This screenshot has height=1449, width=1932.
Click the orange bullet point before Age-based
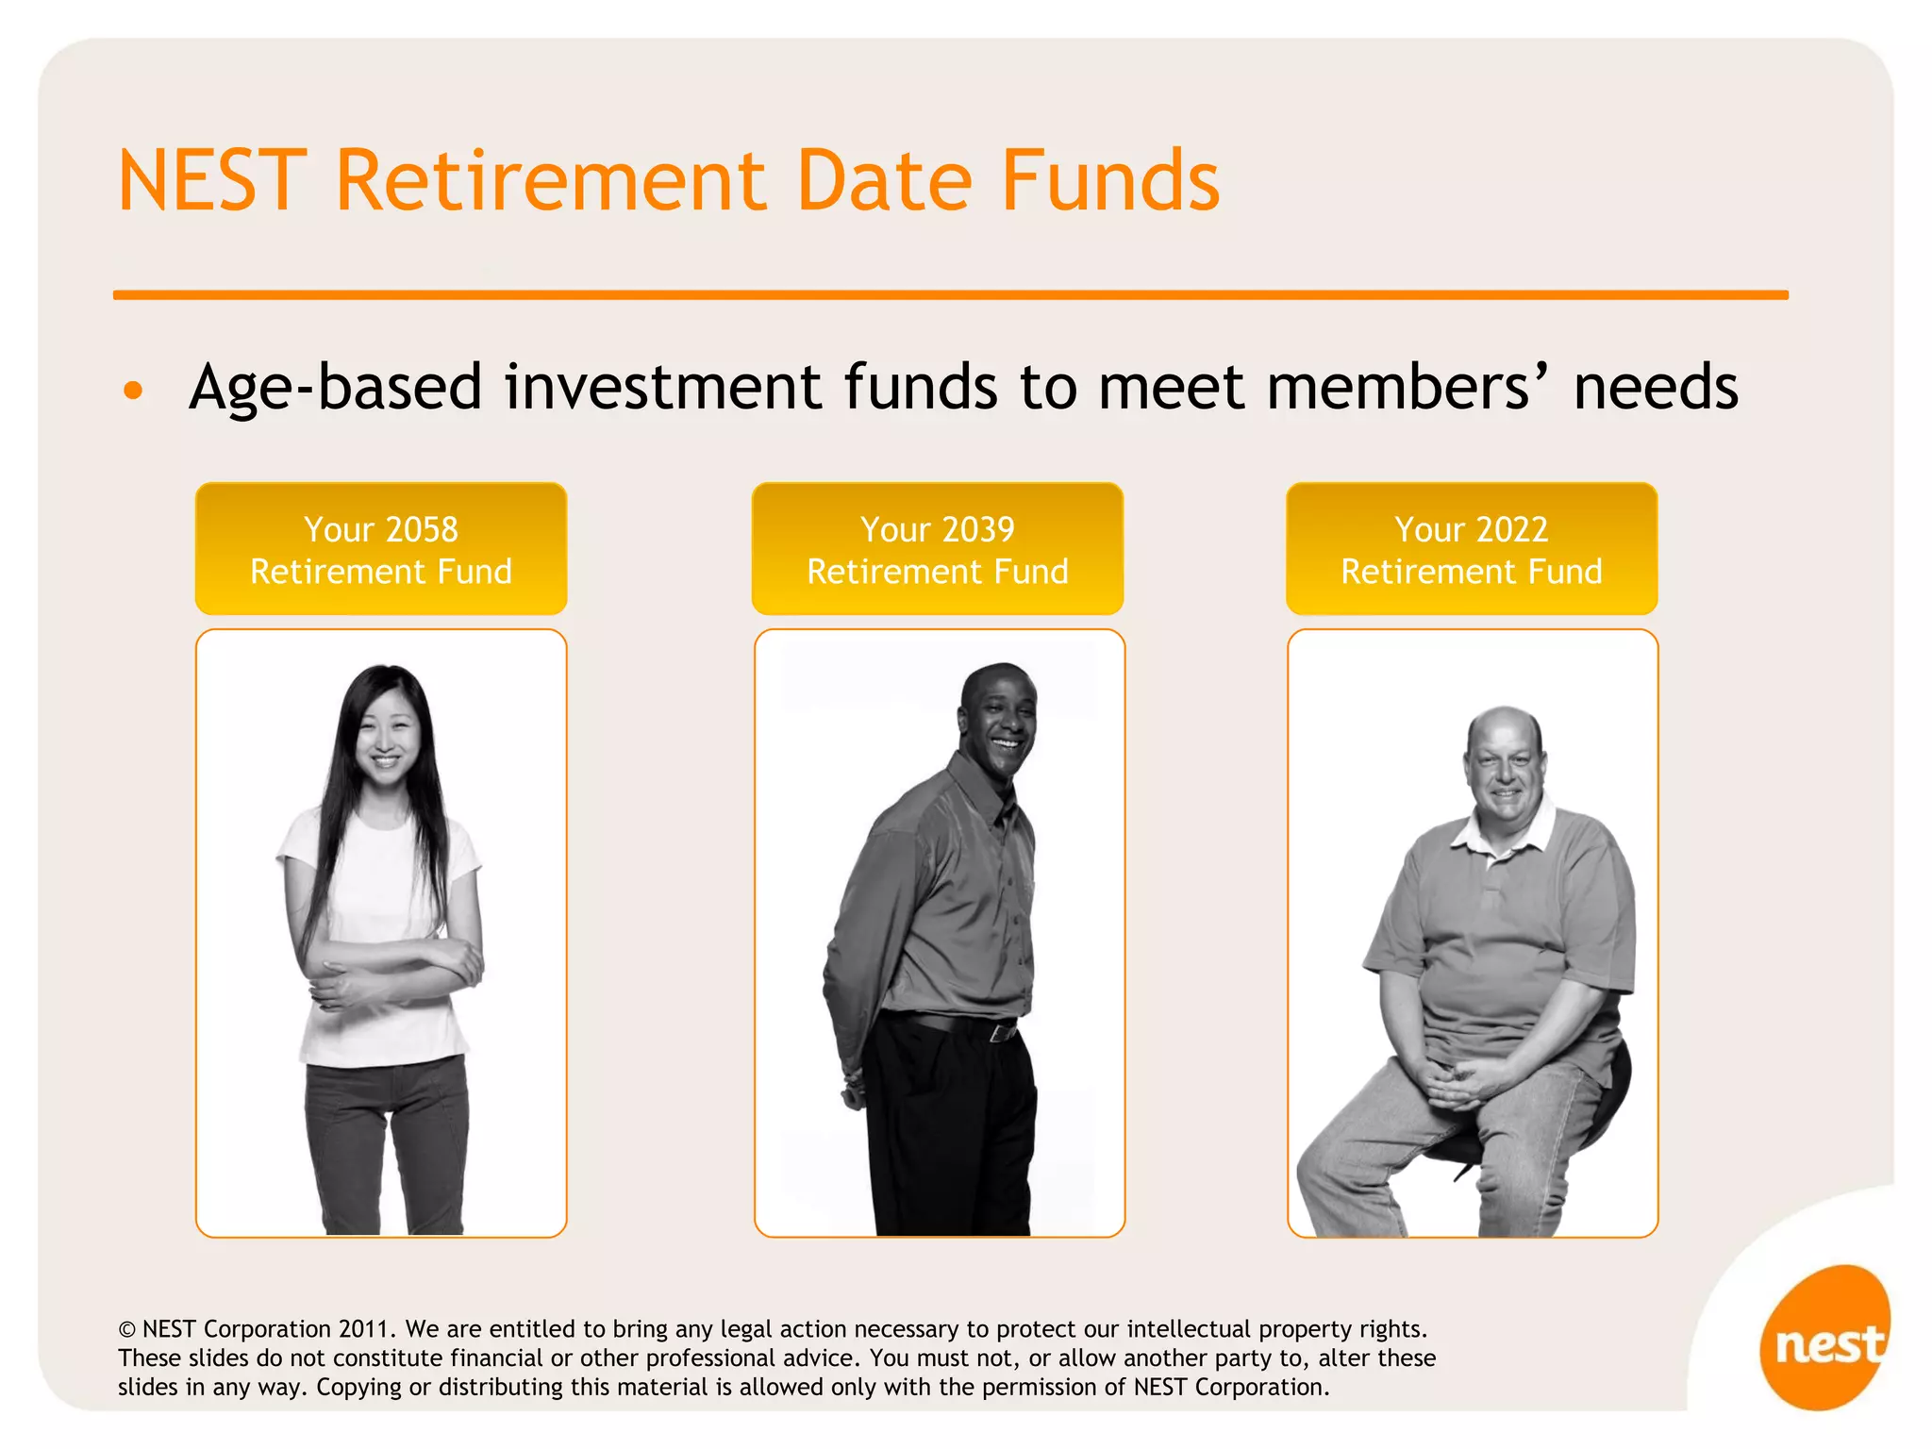click(x=134, y=390)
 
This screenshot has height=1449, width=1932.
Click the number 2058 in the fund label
click(x=422, y=529)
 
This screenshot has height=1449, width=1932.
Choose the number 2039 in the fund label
click(x=977, y=529)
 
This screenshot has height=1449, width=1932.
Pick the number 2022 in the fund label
click(x=1511, y=529)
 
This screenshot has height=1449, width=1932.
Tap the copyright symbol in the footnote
click(x=126, y=1330)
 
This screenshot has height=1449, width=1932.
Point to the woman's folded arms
click(x=396, y=972)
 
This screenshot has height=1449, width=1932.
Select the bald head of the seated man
click(x=1504, y=731)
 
